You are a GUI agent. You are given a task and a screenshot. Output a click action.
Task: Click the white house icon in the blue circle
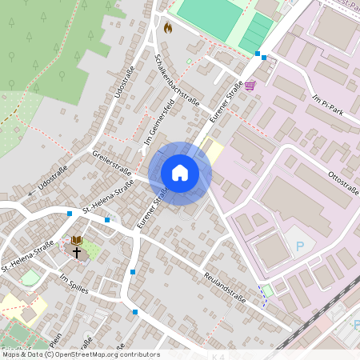pos(180,173)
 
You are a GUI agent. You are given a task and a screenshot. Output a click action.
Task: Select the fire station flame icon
pos(168,28)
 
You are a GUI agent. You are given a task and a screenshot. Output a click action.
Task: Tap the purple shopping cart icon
pos(250,85)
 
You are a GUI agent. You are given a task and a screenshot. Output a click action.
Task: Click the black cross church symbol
pos(78,253)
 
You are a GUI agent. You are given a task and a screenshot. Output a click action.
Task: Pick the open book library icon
pos(77,240)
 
